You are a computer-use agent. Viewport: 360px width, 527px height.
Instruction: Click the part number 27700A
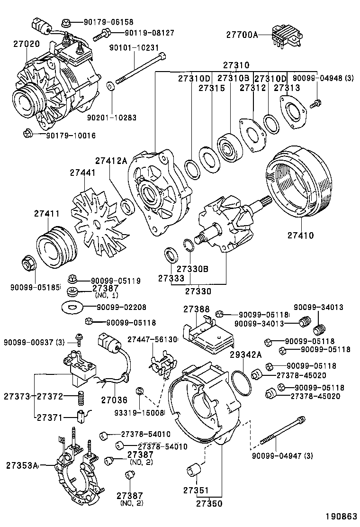242,35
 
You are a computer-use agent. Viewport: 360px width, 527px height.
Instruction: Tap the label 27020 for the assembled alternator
26,44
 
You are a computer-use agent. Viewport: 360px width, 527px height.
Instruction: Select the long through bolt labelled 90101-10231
140,69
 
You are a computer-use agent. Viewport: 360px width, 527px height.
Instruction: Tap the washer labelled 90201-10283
111,86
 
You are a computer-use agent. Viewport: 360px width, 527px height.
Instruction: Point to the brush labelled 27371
81,417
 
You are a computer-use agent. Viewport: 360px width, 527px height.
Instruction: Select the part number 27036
112,400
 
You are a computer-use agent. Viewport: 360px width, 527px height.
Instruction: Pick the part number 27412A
111,161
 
